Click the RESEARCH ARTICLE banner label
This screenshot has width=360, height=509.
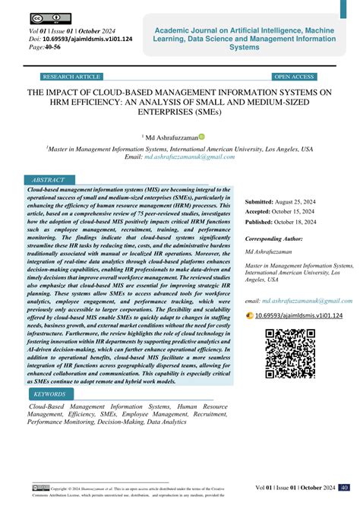tap(72, 77)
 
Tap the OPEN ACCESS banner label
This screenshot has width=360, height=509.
tap(294, 77)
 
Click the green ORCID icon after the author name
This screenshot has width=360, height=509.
tap(202, 138)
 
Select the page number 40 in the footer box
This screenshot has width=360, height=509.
tap(344, 487)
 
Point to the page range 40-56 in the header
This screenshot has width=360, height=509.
tap(54, 47)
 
